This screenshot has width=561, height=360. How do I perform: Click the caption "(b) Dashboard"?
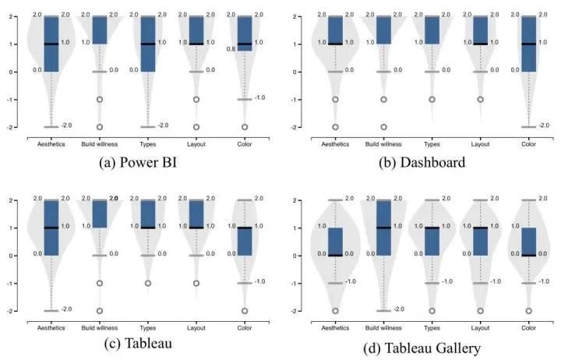coord(422,164)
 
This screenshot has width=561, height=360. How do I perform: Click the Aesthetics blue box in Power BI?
coord(51,44)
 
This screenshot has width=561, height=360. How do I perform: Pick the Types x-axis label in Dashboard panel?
coord(432,143)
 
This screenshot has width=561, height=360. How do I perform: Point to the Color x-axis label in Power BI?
coord(245,143)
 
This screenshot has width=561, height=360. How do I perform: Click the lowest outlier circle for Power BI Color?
coord(245,126)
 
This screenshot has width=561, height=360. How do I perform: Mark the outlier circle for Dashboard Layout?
coord(481,100)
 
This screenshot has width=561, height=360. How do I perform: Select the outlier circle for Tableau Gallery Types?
coord(432,310)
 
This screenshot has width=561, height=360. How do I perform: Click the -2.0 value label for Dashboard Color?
coord(544,125)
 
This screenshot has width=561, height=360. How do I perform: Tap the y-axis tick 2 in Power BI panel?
coord(18,16)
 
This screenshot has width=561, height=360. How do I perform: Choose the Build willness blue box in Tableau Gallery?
coord(384,228)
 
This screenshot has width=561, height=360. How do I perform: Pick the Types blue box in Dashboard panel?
coord(432,30)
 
